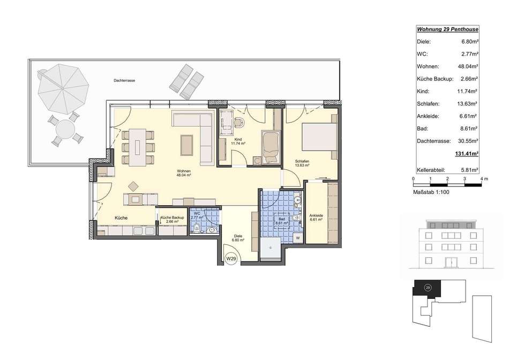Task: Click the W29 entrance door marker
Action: [231, 259]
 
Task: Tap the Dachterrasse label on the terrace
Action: [124, 80]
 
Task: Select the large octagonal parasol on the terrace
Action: [63, 88]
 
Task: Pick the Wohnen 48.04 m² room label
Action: [184, 172]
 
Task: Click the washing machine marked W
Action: [298, 238]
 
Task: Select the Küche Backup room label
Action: [172, 220]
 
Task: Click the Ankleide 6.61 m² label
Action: [316, 217]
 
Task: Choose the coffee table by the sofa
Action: [187, 145]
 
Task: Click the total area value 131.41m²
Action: [467, 154]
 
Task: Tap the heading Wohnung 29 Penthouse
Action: [447, 29]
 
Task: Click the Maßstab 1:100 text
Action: [431, 192]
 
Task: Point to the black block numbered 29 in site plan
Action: [427, 288]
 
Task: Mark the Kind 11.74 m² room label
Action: [238, 141]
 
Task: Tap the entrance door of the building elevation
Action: [450, 262]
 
